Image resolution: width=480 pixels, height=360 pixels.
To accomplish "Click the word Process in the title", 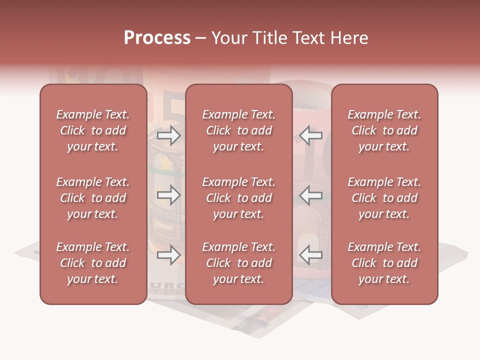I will pos(157,38).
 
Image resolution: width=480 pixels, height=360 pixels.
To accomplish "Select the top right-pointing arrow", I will pos(168,135).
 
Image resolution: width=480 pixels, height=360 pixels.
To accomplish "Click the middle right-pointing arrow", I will pos(168,195).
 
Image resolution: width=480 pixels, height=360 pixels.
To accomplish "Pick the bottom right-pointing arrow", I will pos(168,255).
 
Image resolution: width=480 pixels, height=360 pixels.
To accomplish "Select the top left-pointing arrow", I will pos(310,135).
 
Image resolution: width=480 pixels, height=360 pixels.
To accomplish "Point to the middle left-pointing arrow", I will pos(310,195).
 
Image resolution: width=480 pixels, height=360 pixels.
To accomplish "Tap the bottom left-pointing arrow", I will pos(310,255).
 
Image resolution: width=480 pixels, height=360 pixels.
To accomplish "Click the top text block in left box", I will pos(93,130).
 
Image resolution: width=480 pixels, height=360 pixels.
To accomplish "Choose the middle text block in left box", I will pos(93,198).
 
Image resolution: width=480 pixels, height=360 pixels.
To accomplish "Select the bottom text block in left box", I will pos(93,263).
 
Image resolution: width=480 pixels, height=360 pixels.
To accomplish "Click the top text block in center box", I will pos(239,130).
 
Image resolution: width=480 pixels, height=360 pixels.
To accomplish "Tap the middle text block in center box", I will pos(239,198).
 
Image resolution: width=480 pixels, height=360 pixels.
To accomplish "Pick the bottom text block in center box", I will pos(239,263).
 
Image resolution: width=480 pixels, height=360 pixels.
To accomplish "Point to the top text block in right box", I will pos(384,130).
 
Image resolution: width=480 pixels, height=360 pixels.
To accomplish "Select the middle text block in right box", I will pos(384,198).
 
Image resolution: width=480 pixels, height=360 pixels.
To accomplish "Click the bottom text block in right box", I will pos(384,263).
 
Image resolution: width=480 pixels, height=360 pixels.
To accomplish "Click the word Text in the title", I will pos(305,38).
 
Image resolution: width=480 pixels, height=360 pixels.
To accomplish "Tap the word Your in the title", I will pos(228,38).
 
